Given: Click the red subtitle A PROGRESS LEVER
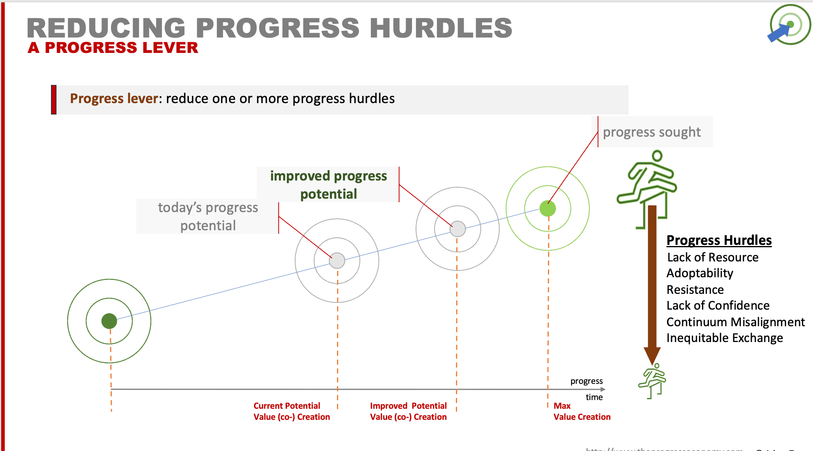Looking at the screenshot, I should click(113, 48).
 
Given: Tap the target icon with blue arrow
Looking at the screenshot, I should click(789, 25).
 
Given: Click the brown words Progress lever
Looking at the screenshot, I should click(114, 98).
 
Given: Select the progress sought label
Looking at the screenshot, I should click(651, 132).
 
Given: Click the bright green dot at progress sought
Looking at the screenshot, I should click(548, 209).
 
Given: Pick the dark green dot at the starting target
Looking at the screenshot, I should click(109, 321).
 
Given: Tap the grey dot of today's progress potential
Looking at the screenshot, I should click(337, 261).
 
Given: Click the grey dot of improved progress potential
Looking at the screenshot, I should click(457, 229).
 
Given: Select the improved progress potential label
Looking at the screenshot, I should click(328, 185).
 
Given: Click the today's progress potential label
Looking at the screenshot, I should click(208, 216).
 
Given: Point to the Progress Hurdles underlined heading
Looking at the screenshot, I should click(719, 240).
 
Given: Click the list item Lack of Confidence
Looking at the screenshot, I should click(718, 305).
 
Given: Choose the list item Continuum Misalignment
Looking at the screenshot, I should click(735, 322).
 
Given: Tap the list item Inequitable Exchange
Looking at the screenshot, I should click(724, 338).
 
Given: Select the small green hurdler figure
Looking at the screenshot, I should click(652, 381).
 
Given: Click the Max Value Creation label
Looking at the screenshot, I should click(581, 411).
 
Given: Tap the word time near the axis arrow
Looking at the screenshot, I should click(594, 397).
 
